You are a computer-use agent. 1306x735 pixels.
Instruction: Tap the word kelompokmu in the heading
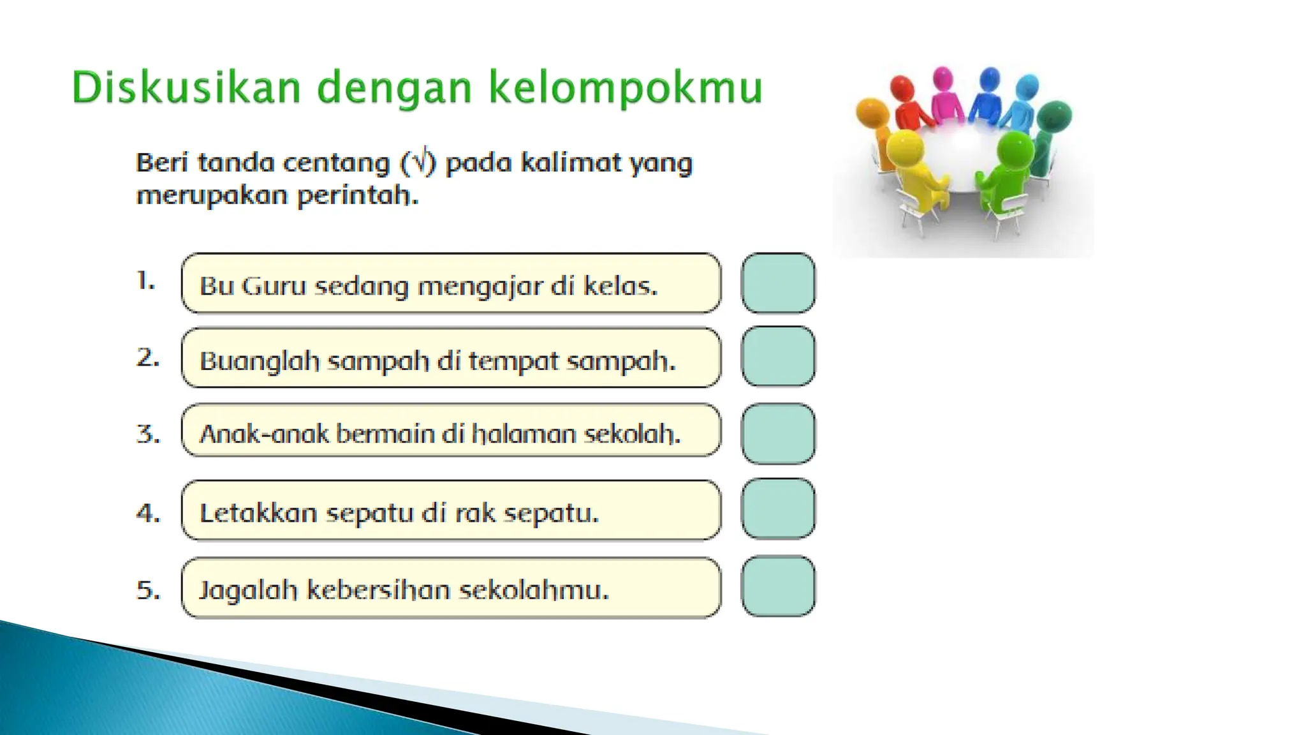pos(626,87)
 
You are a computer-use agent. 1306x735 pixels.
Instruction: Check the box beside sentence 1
pos(778,283)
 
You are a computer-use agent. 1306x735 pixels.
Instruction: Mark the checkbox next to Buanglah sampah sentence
pos(778,357)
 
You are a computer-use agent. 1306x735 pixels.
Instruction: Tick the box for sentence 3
pos(778,434)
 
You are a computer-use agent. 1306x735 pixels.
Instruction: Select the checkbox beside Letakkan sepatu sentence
pos(778,509)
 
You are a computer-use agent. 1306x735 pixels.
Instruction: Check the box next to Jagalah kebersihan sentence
pos(778,586)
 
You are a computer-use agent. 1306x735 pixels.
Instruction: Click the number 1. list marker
pos(146,281)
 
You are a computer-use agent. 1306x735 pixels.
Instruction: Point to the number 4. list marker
pos(148,513)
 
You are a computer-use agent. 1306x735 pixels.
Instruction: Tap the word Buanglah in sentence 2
pos(260,361)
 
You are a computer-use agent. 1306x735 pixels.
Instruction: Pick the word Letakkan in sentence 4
pos(258,513)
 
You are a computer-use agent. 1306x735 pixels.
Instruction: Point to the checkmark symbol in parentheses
pos(418,161)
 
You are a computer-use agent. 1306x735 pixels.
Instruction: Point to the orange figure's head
pos(872,114)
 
